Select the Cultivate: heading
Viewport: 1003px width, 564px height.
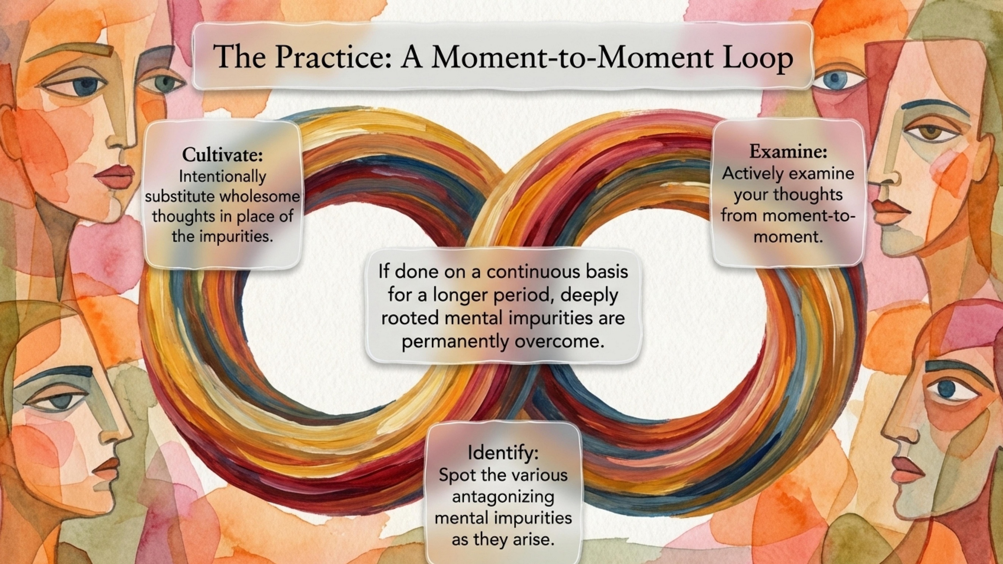coord(222,155)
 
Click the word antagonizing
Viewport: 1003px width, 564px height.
coord(503,497)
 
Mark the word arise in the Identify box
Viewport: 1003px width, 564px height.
coord(535,540)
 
